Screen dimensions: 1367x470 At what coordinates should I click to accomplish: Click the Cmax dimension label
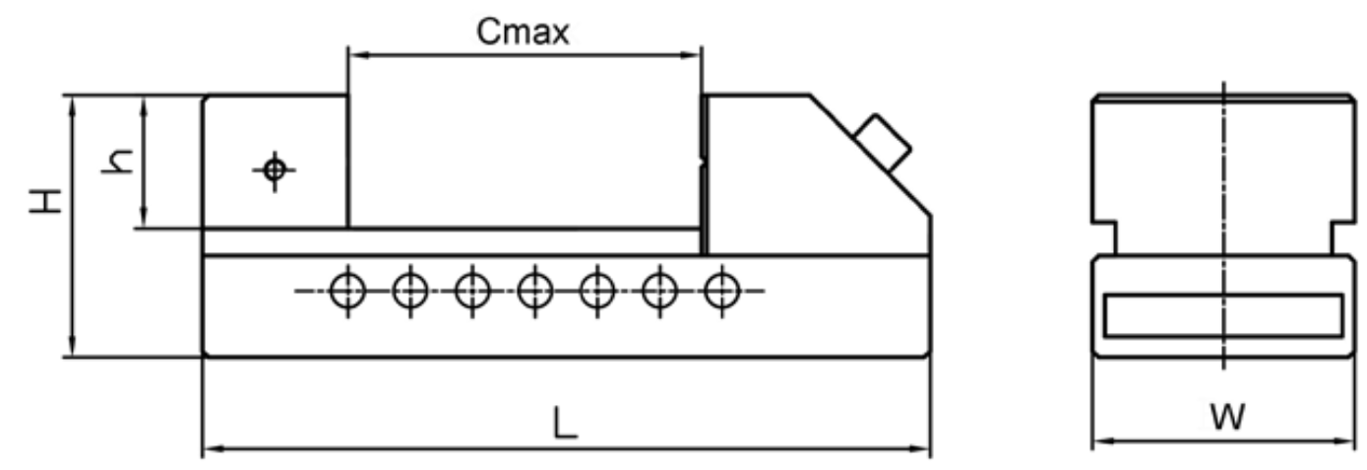[523, 32]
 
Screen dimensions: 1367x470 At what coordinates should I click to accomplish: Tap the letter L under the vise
[565, 423]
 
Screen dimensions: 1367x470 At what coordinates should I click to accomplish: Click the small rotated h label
[117, 162]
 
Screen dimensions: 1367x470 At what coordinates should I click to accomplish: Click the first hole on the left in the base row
[347, 291]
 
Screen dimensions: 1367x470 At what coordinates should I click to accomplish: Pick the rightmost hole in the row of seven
[722, 291]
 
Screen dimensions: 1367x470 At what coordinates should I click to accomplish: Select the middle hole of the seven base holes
[535, 291]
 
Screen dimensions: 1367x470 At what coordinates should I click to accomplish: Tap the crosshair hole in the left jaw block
[275, 169]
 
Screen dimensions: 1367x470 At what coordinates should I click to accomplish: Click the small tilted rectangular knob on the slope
[883, 143]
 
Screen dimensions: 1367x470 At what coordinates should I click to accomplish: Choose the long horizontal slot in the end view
[1223, 316]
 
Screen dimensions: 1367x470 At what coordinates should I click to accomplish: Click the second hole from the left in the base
[410, 291]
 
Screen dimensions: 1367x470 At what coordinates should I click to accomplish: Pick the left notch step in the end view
[1104, 237]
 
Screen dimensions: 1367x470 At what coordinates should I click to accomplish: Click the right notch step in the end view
[1343, 237]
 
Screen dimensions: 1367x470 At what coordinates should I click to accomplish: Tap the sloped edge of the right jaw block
[870, 156]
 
